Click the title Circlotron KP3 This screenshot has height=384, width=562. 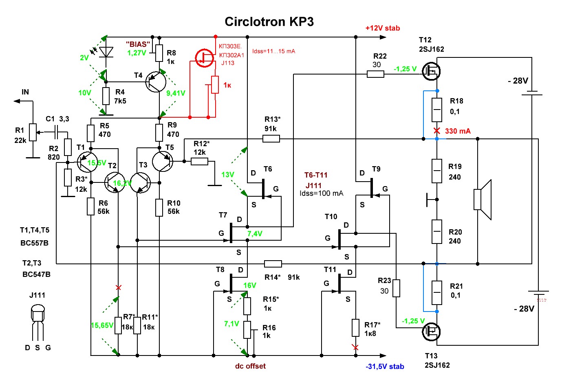pos(269,22)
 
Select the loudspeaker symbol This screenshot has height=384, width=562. pos(483,200)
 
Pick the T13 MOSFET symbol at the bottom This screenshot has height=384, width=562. pos(431,331)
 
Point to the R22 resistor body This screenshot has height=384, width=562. pos(375,74)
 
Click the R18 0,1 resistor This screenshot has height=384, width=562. pos(437,110)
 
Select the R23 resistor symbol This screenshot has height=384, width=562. pos(396,288)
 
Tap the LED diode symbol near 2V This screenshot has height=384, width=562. pos(106,52)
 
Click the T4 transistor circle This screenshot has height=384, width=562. pos(156,81)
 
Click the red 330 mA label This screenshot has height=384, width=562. pos(458,131)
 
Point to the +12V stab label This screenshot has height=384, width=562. pos(382,28)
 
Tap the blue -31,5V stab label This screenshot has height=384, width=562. pos(385,366)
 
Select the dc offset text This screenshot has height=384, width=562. pos(250,366)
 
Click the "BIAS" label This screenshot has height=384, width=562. pos(138,44)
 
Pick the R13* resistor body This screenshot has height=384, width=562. pos(271,139)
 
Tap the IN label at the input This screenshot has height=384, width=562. pos(25,92)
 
